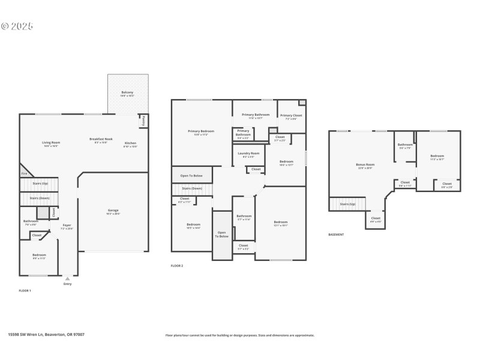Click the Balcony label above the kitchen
[x=127, y=92]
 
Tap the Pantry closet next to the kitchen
[x=143, y=121]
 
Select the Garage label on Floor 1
[x=113, y=211]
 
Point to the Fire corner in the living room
[x=24, y=173]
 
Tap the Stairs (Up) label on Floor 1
[x=41, y=183]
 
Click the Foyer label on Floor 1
[x=67, y=226]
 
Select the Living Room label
[x=51, y=143]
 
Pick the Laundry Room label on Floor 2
[x=248, y=154]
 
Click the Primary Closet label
[x=291, y=116]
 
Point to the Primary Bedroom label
[x=201, y=131]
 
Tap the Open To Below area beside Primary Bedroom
[x=191, y=176]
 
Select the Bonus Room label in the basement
[x=365, y=165]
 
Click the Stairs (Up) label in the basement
[x=348, y=204]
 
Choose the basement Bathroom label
[x=405, y=145]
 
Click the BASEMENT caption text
[x=336, y=235]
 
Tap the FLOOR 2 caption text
[x=177, y=265]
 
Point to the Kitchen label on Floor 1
[x=130, y=143]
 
